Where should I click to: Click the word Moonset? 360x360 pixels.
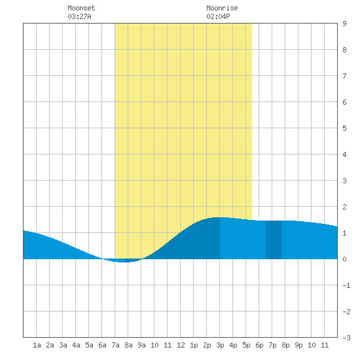[x=81, y=8]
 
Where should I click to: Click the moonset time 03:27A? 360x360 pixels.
[x=79, y=16]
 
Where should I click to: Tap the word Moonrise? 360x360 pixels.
[x=222, y=8]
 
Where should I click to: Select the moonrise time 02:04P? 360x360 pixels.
[x=218, y=16]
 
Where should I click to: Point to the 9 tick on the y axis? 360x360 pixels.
[x=344, y=24]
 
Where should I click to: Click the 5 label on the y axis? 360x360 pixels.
[x=344, y=128]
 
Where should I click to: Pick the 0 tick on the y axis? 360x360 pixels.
[x=344, y=259]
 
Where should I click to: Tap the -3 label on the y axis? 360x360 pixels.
[x=346, y=338]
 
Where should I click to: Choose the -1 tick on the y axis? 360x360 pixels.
[x=346, y=285]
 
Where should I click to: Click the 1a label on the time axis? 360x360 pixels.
[x=37, y=345]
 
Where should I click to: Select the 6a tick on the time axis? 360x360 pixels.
[x=102, y=345]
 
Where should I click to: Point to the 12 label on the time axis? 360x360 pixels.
[x=181, y=345]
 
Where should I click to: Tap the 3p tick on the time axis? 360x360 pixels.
[x=220, y=345]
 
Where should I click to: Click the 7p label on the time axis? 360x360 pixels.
[x=272, y=345]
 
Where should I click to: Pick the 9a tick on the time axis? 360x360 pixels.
[x=141, y=345]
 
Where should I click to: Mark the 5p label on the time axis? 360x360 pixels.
[x=246, y=345]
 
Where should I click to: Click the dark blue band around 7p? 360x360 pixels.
[x=274, y=240]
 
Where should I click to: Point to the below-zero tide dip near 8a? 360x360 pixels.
[x=123, y=261]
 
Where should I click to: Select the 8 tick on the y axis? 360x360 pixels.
[x=344, y=50]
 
